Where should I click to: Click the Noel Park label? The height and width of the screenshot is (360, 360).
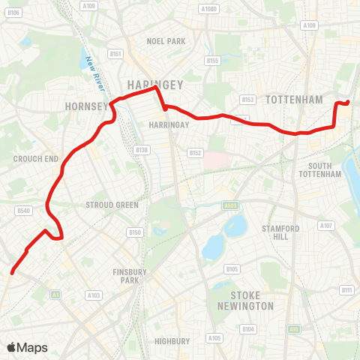pos(166,41)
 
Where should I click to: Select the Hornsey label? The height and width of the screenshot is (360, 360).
pos(88,106)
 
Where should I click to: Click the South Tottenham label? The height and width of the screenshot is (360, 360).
pos(325,169)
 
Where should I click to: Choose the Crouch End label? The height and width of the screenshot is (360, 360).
pos(35,159)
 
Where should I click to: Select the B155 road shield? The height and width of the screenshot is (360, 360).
pos(212,61)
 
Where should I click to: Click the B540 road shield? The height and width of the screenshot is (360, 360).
pos(22,211)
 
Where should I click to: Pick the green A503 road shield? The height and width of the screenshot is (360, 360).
pos(230,205)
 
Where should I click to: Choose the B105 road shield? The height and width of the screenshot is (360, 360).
pos(232,268)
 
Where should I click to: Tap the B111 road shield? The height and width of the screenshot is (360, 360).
pos(346,289)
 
